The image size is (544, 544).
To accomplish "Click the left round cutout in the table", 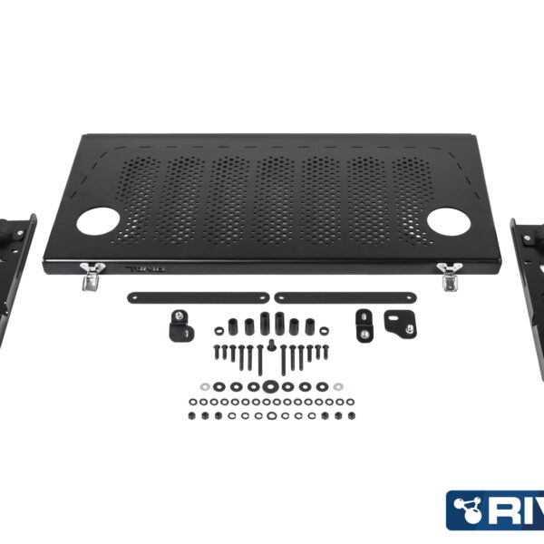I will [99, 221].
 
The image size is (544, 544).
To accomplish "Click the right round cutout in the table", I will [446, 221].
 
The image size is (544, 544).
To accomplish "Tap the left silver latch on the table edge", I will [90, 276].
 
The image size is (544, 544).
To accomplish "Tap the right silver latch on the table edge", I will [449, 276].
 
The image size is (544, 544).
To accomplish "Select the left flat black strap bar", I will [199, 297].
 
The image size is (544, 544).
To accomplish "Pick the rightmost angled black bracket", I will [396, 322].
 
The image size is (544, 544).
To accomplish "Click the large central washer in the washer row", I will [269, 387].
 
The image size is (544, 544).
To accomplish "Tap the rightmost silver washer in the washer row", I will [338, 387].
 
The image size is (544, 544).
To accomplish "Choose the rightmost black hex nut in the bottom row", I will [351, 414].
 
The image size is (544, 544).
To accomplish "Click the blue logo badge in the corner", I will [494, 510].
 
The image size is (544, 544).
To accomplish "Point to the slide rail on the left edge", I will [18, 272].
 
